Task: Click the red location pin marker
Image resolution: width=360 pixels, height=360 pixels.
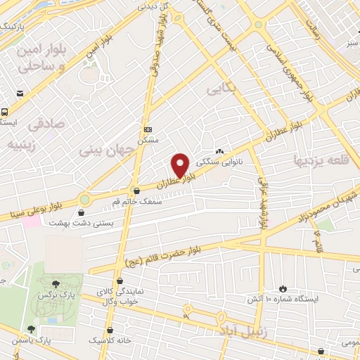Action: point(181,165)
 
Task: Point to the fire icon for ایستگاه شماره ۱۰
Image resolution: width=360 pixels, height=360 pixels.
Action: point(283,288)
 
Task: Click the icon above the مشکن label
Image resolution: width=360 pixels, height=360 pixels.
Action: point(148,130)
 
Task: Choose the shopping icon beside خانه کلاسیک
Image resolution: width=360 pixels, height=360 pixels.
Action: point(110,330)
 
